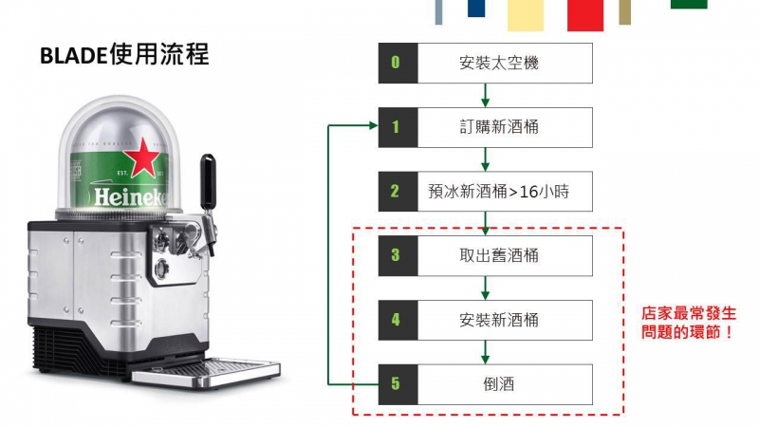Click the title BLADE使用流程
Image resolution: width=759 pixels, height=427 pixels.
tap(124, 54)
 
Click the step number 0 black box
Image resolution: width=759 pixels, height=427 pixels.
tap(398, 63)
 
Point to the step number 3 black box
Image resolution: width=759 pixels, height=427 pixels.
tap(398, 255)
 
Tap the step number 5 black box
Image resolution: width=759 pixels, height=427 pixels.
tap(398, 384)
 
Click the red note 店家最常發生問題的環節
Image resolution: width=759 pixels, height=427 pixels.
tap(689, 323)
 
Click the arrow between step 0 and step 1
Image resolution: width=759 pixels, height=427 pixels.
tap(485, 96)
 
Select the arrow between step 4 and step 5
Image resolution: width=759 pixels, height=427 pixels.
tap(485, 352)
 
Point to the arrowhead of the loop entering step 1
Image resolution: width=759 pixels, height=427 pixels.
tap(373, 126)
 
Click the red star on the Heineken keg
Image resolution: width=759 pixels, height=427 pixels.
tap(141, 156)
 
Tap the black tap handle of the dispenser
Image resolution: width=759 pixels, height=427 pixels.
tap(208, 181)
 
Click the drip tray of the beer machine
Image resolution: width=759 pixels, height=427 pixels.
tap(206, 373)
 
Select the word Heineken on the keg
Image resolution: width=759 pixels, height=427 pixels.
tap(131, 197)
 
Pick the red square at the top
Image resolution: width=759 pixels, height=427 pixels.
tap(585, 15)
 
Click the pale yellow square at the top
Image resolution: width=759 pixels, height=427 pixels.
tap(526, 15)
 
